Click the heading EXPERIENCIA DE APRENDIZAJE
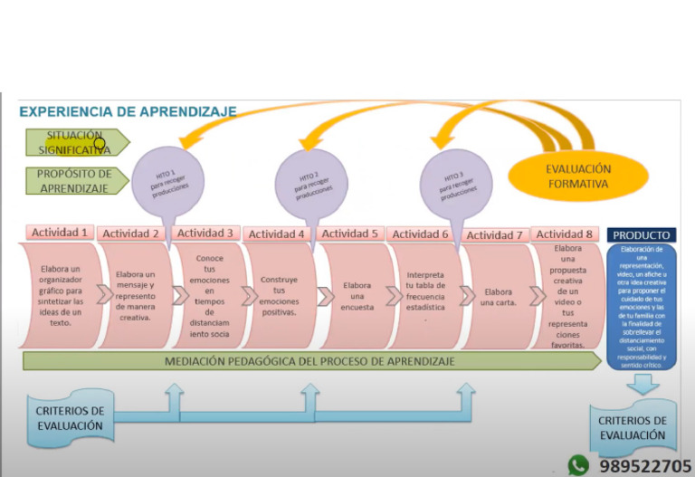point(128,112)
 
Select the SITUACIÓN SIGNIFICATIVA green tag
point(74,142)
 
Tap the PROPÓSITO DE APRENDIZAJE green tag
point(74,181)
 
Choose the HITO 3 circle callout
point(456,180)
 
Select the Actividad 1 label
point(60,232)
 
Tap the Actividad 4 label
point(277,234)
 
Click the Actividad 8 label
point(566,234)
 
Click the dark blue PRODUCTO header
point(642,234)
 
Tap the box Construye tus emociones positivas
point(279,296)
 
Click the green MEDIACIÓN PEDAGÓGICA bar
point(308,361)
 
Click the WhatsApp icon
point(577,465)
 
